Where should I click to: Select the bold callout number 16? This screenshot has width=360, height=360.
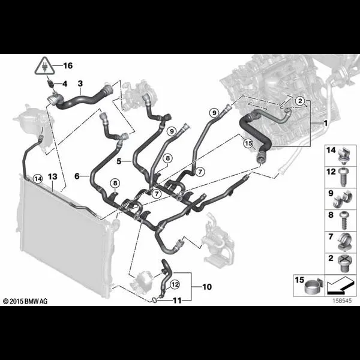click(x=68, y=65)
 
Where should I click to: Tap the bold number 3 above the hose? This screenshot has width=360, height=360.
click(x=80, y=83)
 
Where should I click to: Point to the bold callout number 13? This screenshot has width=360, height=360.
click(x=53, y=177)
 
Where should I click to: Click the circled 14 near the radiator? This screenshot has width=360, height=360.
click(x=38, y=179)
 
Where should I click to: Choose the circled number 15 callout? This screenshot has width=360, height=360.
click(x=248, y=143)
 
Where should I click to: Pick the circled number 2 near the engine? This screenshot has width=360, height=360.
click(x=300, y=101)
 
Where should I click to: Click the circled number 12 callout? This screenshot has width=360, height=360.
click(x=175, y=284)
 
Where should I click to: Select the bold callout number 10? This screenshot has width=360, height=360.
click(x=207, y=287)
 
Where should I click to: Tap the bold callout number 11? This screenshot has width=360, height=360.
click(x=177, y=301)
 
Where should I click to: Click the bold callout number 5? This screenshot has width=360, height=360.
click(x=119, y=161)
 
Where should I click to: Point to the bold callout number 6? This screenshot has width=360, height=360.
click(x=77, y=176)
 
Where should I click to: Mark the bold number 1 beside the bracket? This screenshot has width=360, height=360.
click(x=325, y=123)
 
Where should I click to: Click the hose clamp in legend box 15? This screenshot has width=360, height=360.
click(x=314, y=287)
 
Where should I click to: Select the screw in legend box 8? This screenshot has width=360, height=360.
click(x=344, y=221)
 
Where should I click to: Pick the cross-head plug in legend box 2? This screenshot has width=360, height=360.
click(x=343, y=263)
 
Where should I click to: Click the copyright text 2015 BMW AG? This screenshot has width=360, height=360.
click(x=25, y=301)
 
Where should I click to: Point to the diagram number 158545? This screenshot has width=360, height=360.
click(x=343, y=301)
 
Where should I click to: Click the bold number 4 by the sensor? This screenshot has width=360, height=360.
click(x=65, y=84)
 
